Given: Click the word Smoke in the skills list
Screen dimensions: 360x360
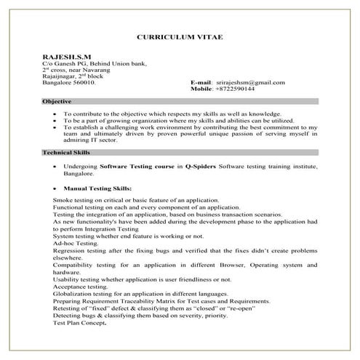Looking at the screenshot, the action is click(x=63, y=199).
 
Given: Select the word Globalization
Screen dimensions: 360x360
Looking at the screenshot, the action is click(x=72, y=294).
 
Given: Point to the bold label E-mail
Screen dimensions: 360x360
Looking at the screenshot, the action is click(x=202, y=82).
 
